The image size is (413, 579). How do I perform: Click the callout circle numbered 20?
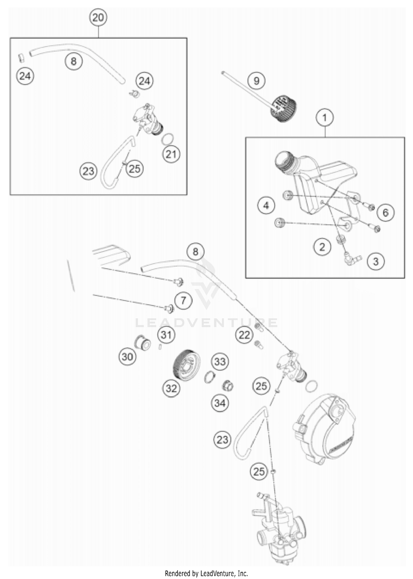tap(98, 18)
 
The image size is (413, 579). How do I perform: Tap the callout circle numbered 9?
tap(256, 81)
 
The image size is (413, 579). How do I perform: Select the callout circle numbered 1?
tap(325, 118)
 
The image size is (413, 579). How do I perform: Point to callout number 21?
tap(171, 154)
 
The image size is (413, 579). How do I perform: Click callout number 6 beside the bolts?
tap(385, 212)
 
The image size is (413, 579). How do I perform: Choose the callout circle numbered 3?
tap(376, 261)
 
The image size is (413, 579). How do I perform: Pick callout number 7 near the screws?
tap(183, 300)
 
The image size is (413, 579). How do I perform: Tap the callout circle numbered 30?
tap(127, 357)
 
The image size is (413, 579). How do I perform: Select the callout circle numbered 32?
tap(171, 388)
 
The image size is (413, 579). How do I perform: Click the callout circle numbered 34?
tap(220, 403)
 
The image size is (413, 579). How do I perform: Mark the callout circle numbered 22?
tap(244, 335)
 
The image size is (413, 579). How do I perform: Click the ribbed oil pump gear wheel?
tap(186, 365)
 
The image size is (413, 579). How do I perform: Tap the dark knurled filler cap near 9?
tap(284, 108)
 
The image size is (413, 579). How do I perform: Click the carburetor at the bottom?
tap(281, 527)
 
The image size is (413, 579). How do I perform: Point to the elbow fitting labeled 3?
tap(351, 260)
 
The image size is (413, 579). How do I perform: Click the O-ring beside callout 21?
tap(168, 139)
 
